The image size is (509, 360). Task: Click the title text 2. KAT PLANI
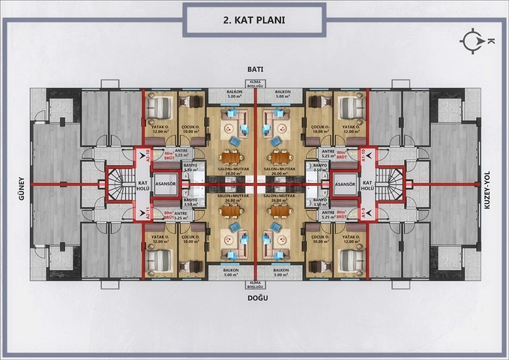tap(254, 20)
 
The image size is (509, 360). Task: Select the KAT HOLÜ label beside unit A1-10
tap(367, 184)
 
